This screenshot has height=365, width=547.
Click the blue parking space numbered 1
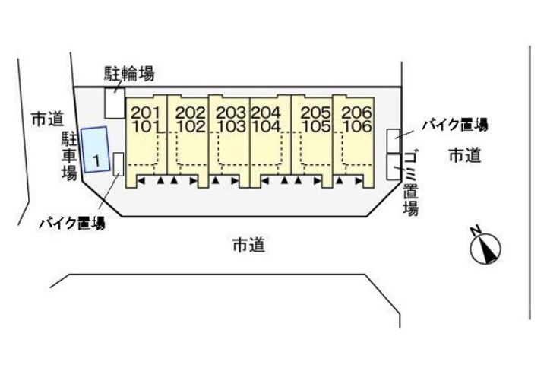point(95,149)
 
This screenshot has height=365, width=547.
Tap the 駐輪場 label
point(129,74)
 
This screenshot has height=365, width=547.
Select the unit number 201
point(145,113)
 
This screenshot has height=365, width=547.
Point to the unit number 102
point(191,126)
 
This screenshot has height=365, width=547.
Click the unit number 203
point(231,113)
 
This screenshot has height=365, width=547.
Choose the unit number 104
point(266,126)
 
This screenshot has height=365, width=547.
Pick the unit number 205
point(315,113)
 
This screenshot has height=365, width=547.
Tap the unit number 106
point(357,126)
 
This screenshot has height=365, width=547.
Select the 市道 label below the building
point(248,245)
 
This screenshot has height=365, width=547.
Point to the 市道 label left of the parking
point(47,119)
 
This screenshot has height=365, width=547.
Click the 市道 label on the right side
point(465,155)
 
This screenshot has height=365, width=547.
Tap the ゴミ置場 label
point(410,184)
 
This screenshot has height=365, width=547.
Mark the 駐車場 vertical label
point(69,156)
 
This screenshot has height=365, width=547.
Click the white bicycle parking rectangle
point(115,103)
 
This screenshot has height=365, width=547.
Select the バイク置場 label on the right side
point(454,125)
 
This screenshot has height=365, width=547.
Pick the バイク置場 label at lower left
point(72,223)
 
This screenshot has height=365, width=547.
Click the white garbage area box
point(394,167)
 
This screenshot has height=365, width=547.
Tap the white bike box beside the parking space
point(119,164)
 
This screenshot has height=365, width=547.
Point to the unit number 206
point(357,113)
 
